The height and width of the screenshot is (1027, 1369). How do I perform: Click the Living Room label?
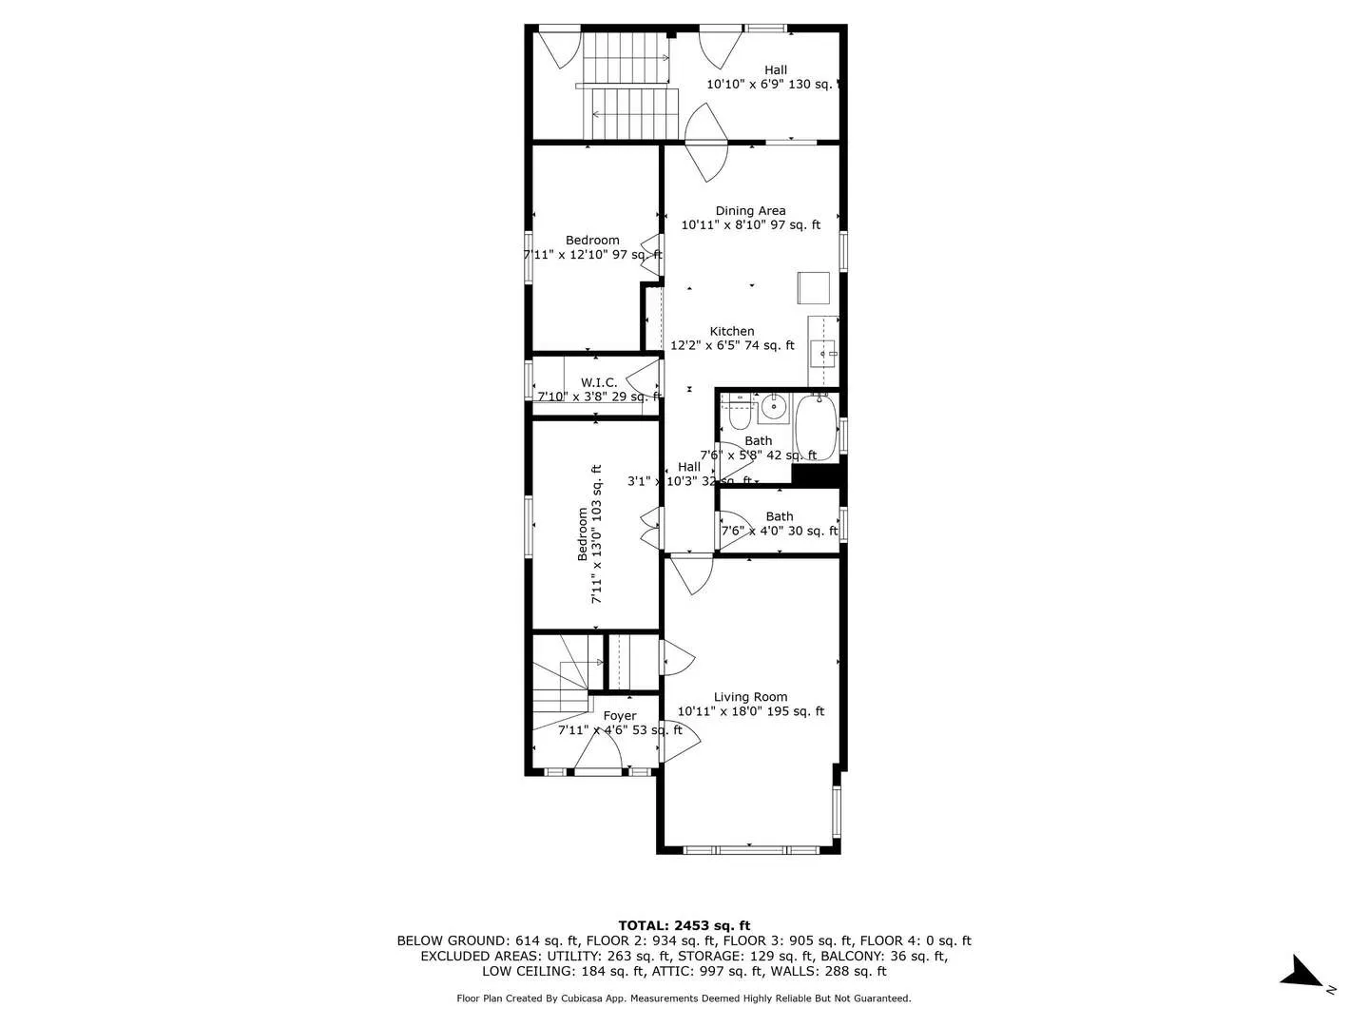click(x=750, y=697)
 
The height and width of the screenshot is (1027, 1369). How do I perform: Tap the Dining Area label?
click(x=750, y=211)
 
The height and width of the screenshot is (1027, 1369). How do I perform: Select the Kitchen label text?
click(x=732, y=331)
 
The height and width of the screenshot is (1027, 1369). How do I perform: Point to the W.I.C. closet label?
click(x=599, y=382)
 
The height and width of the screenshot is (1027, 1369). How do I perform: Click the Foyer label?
click(x=620, y=716)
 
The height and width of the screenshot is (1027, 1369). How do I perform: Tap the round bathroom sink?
click(x=775, y=408)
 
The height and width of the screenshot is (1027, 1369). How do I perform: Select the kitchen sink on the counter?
click(x=823, y=353)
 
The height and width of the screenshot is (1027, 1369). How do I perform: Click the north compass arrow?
click(x=1301, y=973)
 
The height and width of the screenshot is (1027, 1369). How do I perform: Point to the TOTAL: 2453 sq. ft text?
click(x=684, y=925)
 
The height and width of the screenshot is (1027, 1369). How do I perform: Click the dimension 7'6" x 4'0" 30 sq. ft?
click(x=780, y=532)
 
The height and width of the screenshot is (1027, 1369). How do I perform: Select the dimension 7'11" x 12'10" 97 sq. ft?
click(x=592, y=255)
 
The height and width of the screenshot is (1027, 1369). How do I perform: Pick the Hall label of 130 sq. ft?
click(x=776, y=69)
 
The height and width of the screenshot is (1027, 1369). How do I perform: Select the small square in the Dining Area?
click(x=814, y=287)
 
